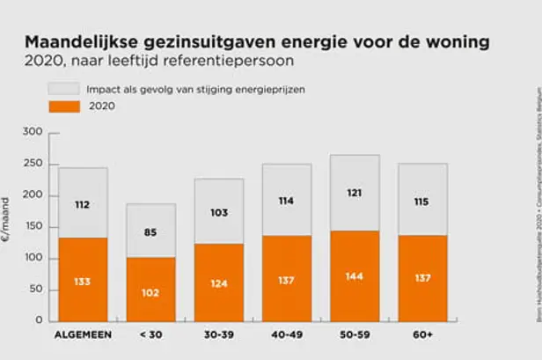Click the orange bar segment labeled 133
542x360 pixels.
83,280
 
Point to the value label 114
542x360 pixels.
287,201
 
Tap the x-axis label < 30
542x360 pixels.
150,334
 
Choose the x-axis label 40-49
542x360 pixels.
287,334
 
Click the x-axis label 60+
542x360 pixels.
422,334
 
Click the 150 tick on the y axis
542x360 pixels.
33,227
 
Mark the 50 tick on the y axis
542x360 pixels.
36,290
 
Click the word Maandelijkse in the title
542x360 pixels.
79,42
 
